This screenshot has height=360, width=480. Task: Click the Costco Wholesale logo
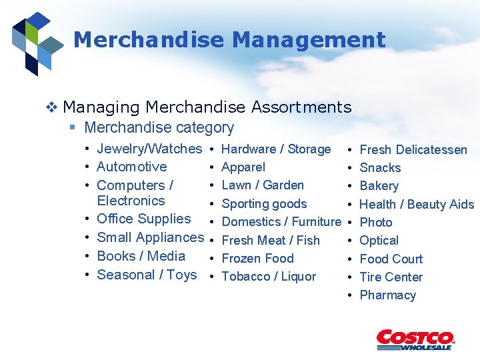click(415, 339)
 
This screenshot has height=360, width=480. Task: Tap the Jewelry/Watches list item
click(149, 149)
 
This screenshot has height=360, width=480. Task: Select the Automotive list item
click(131, 167)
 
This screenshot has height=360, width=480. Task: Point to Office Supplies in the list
click(143, 219)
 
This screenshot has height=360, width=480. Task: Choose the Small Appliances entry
click(150, 237)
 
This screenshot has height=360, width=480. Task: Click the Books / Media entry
click(141, 256)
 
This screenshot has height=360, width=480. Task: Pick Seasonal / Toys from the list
click(147, 275)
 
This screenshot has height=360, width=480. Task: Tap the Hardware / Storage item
click(275, 149)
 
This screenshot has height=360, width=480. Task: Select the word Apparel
click(243, 167)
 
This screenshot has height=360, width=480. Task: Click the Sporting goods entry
click(264, 204)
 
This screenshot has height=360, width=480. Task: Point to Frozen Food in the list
click(257, 258)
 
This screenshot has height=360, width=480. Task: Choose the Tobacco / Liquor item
click(269, 276)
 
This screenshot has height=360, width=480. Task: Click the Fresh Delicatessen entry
click(413, 150)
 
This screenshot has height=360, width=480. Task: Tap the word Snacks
click(380, 168)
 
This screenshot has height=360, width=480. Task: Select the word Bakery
click(379, 186)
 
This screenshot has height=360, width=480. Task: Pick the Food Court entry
click(391, 259)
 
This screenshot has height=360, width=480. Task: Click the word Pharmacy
click(387, 295)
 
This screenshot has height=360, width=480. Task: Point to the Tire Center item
click(391, 277)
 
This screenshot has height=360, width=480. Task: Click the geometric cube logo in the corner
click(37, 42)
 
